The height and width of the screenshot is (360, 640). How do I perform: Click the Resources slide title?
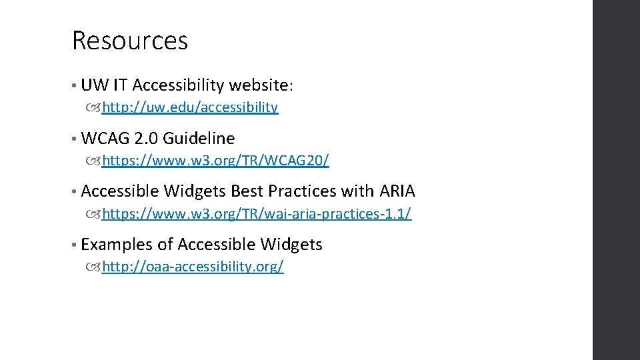click(130, 41)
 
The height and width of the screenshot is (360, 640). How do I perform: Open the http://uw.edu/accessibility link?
click(190, 107)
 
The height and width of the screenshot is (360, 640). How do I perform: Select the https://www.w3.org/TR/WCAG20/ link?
click(215, 161)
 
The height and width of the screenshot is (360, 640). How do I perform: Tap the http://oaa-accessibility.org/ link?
click(193, 267)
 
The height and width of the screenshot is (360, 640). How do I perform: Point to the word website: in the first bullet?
click(261, 85)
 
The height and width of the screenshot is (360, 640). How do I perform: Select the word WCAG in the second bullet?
click(105, 139)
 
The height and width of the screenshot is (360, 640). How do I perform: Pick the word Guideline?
click(199, 139)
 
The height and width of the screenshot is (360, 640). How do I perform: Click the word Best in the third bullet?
click(247, 192)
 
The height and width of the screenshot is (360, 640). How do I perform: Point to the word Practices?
click(302, 192)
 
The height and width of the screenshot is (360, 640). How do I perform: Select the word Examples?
click(117, 245)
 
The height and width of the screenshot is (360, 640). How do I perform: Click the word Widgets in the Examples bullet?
click(291, 245)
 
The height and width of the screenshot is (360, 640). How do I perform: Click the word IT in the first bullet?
click(121, 85)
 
